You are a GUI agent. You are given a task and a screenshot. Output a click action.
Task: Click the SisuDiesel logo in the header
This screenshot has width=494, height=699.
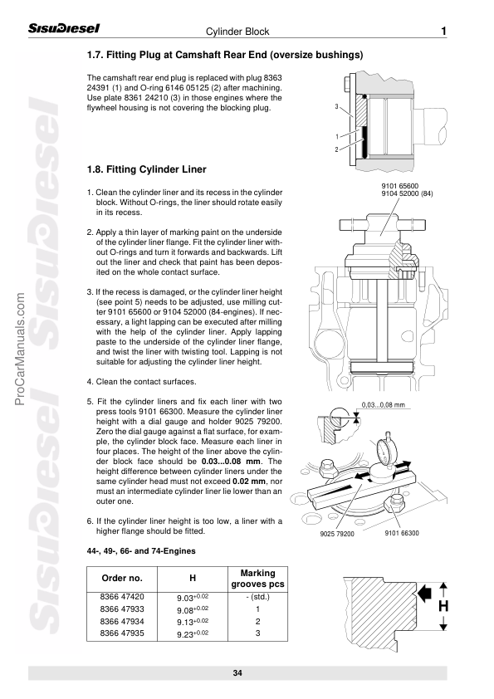click(x=64, y=28)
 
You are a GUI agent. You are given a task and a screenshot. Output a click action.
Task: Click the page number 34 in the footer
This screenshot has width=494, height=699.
click(x=237, y=672)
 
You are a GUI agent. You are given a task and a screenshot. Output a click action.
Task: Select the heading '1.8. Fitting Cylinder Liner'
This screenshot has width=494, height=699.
click(x=147, y=169)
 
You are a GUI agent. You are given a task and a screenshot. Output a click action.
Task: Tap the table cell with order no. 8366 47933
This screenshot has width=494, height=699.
click(x=122, y=609)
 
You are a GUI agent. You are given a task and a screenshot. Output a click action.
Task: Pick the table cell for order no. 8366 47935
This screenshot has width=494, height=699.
click(x=122, y=633)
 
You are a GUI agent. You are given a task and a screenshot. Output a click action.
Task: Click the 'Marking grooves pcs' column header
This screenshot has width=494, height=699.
click(x=257, y=578)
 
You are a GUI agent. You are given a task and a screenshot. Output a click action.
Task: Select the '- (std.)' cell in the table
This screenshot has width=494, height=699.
click(x=257, y=597)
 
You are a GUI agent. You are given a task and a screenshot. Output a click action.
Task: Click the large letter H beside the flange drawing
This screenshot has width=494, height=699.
click(x=443, y=606)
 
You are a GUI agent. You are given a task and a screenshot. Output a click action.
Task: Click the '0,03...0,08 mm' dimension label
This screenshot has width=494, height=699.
click(x=384, y=405)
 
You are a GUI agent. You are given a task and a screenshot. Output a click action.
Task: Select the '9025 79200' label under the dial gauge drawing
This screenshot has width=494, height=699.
click(x=337, y=534)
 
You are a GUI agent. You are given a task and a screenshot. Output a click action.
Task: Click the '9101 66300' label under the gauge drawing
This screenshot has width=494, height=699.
click(x=402, y=533)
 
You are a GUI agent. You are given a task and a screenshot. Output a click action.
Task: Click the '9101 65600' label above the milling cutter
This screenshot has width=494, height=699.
click(x=400, y=186)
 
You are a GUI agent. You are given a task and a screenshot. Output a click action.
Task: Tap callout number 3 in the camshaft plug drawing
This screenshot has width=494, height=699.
click(x=336, y=106)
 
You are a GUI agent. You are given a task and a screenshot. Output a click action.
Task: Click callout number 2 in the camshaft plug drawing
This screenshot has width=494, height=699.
click(x=336, y=149)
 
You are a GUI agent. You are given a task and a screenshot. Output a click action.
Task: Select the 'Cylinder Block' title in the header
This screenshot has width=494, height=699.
click(x=237, y=32)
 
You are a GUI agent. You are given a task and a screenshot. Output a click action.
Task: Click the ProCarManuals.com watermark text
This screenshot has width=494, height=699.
click(x=20, y=349)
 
